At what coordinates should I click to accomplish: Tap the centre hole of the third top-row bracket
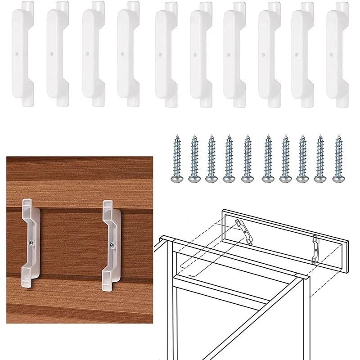(x=87, y=53)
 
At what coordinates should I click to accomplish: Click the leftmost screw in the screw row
(x=176, y=158)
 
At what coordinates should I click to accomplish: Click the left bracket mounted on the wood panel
(x=31, y=243)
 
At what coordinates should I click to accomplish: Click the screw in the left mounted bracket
(x=30, y=243)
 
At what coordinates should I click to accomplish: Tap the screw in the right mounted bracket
(x=111, y=245)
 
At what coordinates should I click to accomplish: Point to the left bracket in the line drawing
(x=244, y=232)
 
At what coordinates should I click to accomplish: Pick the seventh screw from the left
(x=285, y=158)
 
